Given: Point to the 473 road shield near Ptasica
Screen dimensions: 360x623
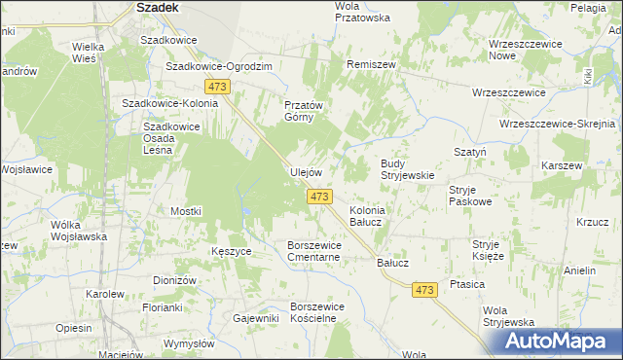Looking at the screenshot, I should click(x=423, y=290).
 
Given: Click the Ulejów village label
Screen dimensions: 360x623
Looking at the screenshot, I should click(x=306, y=172).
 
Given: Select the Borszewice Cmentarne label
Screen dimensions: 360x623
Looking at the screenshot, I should click(x=313, y=251).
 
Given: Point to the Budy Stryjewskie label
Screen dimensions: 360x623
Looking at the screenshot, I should click(x=406, y=169).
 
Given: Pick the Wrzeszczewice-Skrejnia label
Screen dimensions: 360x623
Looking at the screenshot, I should click(x=558, y=125).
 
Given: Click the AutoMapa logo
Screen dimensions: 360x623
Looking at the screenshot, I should click(x=554, y=342).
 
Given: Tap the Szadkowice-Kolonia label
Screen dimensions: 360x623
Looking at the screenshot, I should click(x=163, y=102).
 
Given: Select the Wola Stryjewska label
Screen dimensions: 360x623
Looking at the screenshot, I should click(x=508, y=316).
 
